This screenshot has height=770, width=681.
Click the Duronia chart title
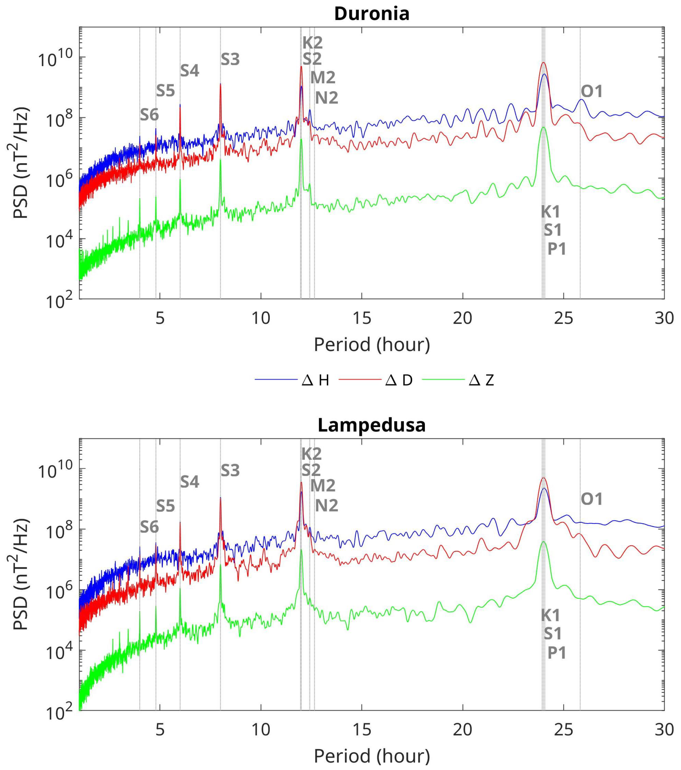[372, 14]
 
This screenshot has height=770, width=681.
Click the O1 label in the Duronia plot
[592, 91]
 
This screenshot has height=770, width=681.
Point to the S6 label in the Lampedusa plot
[150, 527]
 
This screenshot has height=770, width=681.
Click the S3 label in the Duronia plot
[230, 60]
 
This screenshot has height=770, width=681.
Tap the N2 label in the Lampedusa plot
[326, 506]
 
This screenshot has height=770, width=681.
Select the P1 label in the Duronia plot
[556, 249]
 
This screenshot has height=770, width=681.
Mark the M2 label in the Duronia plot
[323, 78]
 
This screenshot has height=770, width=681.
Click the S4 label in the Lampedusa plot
[189, 482]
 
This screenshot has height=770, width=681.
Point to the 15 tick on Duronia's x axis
[362, 319]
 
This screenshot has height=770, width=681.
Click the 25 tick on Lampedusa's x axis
[564, 730]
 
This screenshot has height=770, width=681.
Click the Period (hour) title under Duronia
[372, 344]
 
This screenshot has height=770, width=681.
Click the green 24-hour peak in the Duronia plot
[544, 128]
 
